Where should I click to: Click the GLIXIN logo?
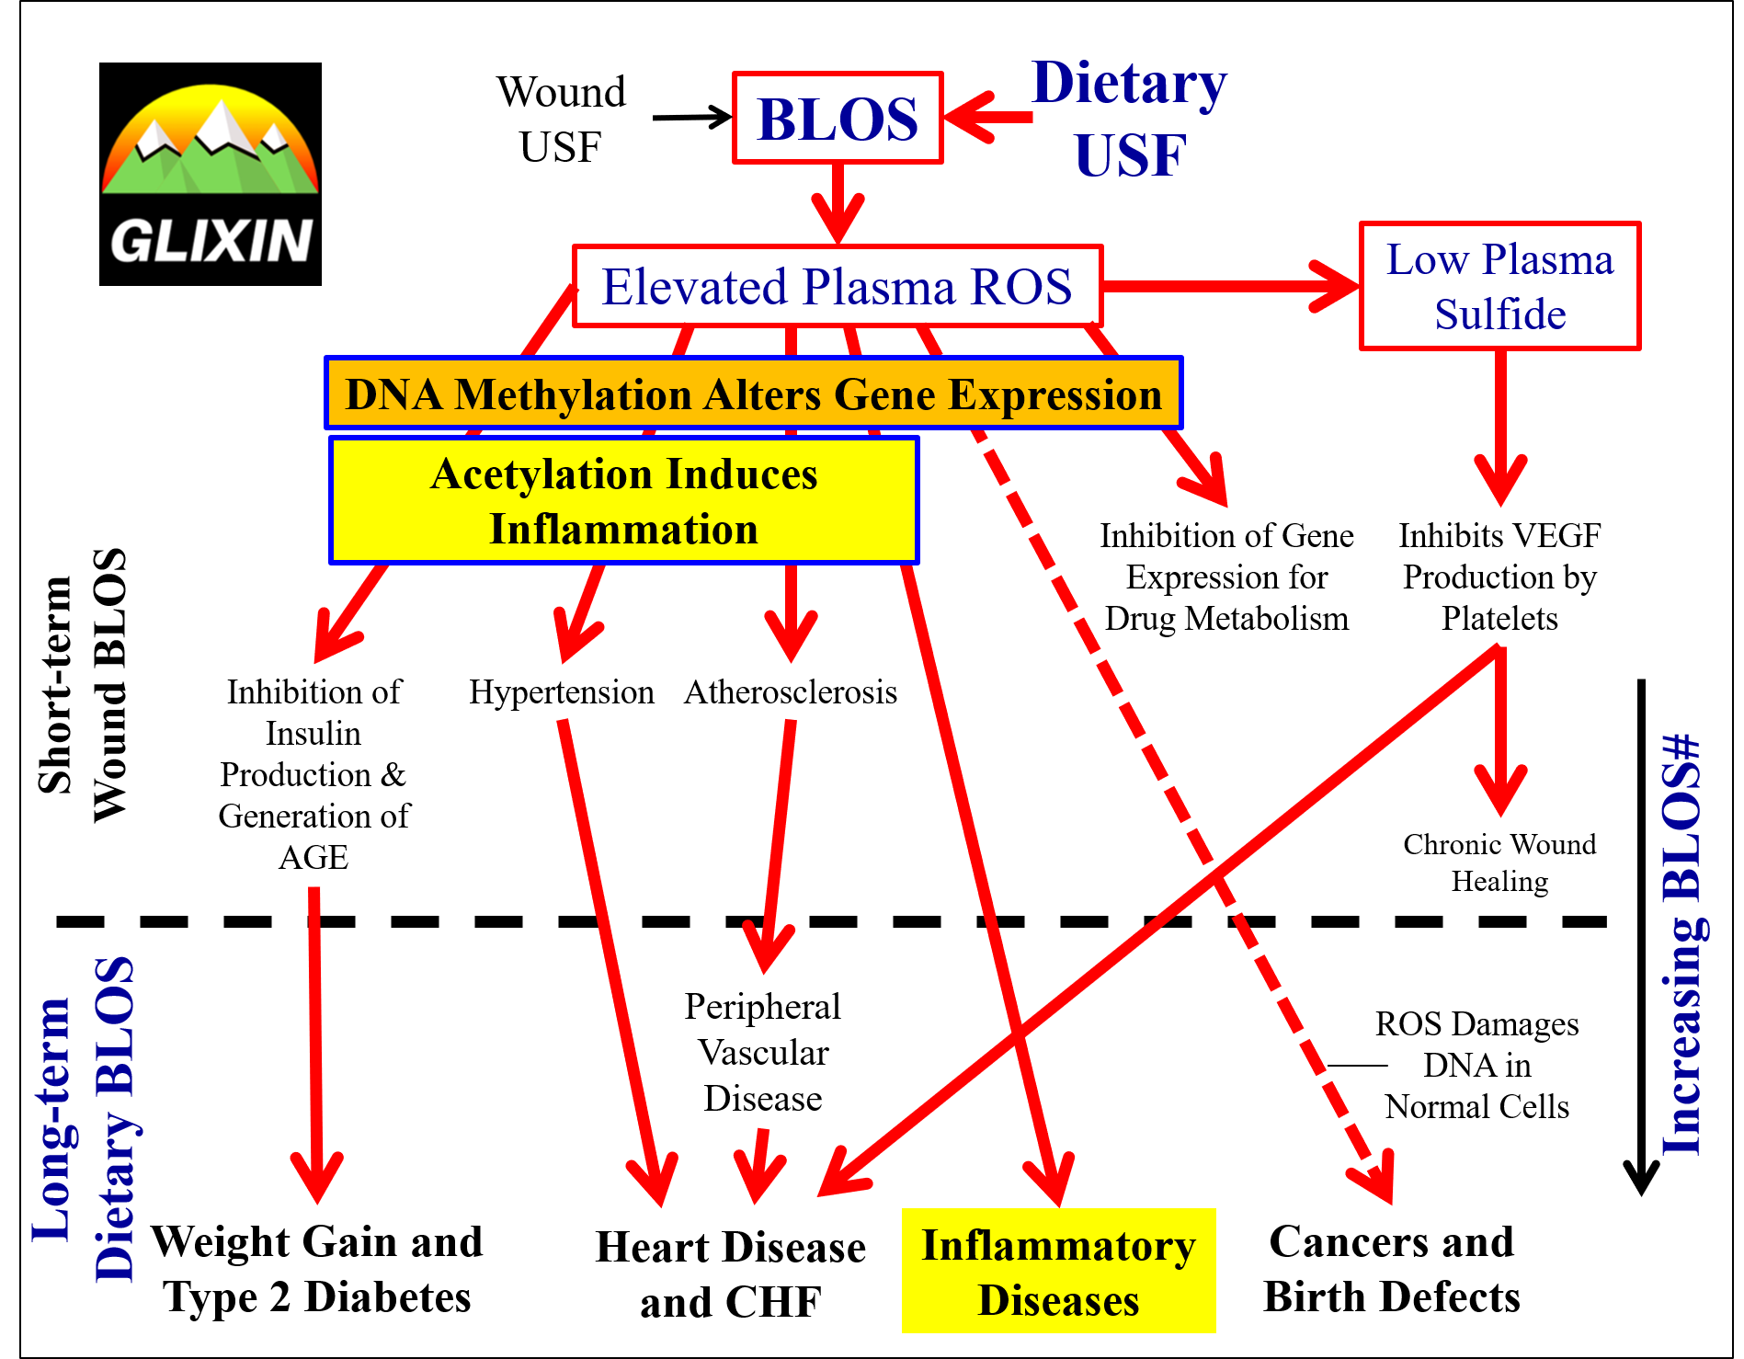point(211,174)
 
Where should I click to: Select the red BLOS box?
point(838,119)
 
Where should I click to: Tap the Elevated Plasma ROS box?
point(837,286)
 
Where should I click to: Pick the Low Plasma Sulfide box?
point(1499,286)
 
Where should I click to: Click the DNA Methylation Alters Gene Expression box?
point(753,394)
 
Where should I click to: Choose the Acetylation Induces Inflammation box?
point(623,501)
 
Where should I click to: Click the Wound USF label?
point(561,120)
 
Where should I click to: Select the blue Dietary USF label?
point(1130,118)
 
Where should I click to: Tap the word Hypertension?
point(562,692)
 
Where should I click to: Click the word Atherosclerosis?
point(791,692)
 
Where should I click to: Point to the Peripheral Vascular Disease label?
point(762,1052)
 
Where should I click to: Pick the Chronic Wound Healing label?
point(1499,862)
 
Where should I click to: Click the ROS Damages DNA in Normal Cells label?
point(1476,1065)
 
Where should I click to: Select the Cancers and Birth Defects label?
point(1391,1269)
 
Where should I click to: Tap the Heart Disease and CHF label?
point(731,1274)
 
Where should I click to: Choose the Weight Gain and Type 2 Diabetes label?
point(317,1269)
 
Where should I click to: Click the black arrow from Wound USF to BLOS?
point(691,118)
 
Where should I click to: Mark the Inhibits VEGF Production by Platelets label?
point(1499,577)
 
